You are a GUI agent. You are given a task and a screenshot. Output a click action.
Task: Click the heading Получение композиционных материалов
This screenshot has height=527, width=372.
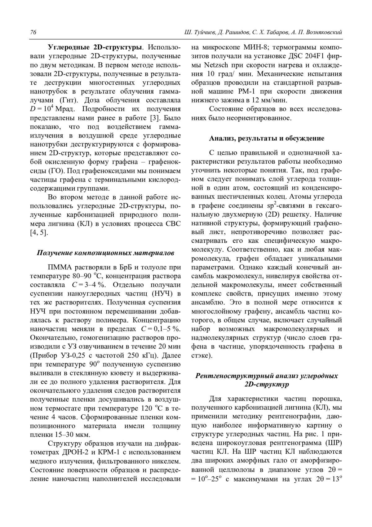[105, 253]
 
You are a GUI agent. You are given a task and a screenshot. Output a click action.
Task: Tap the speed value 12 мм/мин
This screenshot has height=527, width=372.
[269, 100]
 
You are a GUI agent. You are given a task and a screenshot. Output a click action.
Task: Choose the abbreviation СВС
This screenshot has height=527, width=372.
[172, 223]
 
